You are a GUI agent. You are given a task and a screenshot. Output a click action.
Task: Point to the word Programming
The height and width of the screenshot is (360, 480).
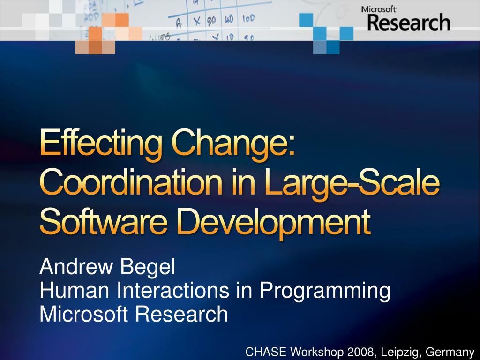pos(325,292)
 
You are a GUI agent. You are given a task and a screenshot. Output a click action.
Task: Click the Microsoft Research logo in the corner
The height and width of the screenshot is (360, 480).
pos(405,19)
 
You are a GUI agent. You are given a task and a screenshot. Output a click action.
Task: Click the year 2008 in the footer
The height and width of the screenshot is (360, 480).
pos(359,352)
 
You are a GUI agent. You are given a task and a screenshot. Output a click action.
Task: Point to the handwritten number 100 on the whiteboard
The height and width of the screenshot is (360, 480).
pos(248,19)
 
